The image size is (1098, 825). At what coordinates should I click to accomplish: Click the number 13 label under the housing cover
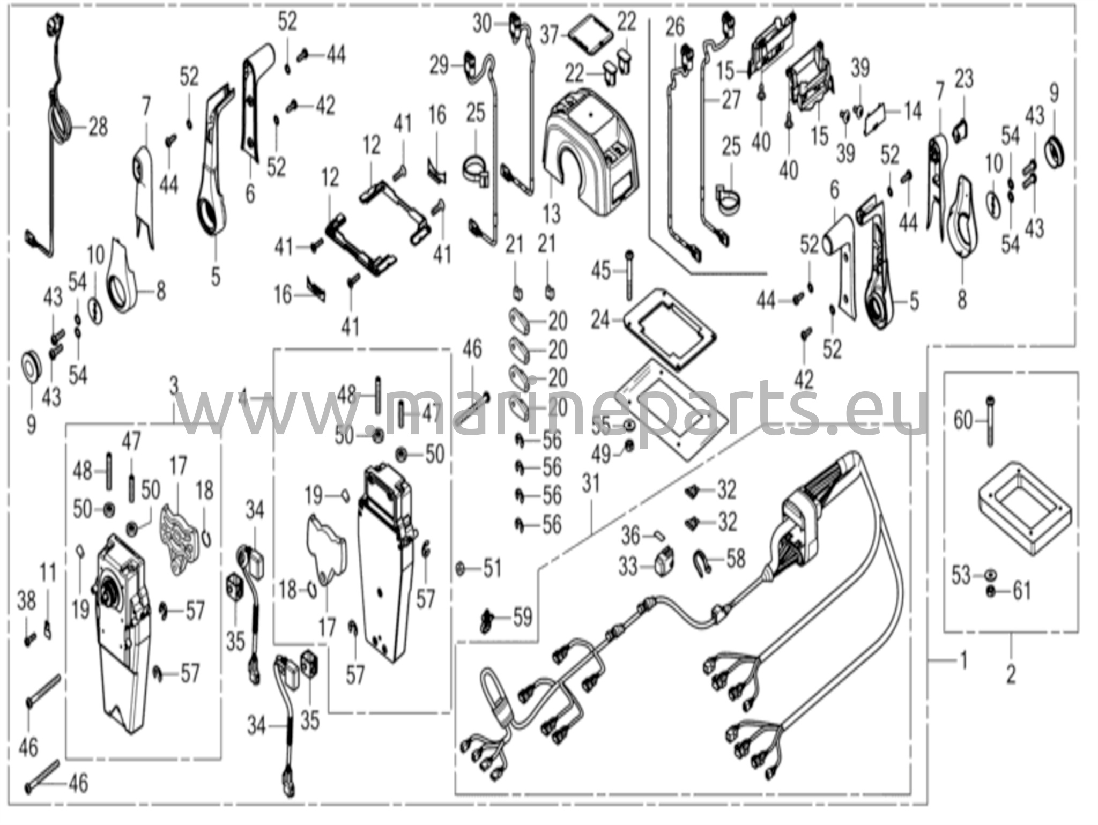(x=551, y=214)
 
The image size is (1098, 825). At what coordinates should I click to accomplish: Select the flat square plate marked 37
(x=590, y=36)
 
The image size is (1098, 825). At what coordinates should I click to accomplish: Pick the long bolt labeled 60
(x=990, y=420)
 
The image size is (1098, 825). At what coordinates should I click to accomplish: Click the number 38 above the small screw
(x=27, y=601)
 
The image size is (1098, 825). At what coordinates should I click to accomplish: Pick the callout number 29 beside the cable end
(x=440, y=66)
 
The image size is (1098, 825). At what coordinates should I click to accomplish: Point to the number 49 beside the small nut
(x=602, y=455)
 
